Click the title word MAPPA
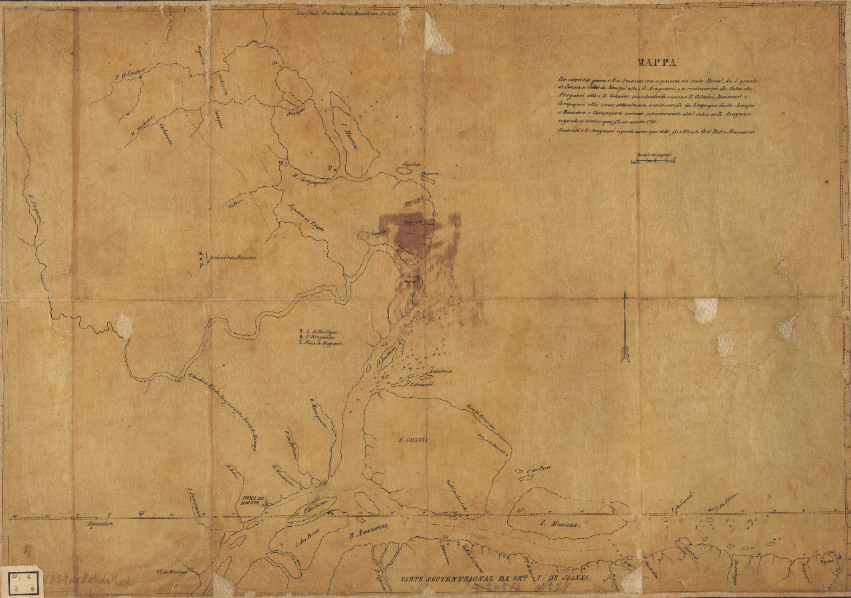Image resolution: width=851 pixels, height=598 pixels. coord(657,63)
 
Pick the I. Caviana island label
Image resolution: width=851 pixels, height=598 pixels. coord(412,440)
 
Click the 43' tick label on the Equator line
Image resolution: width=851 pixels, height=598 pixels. coord(142,513)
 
